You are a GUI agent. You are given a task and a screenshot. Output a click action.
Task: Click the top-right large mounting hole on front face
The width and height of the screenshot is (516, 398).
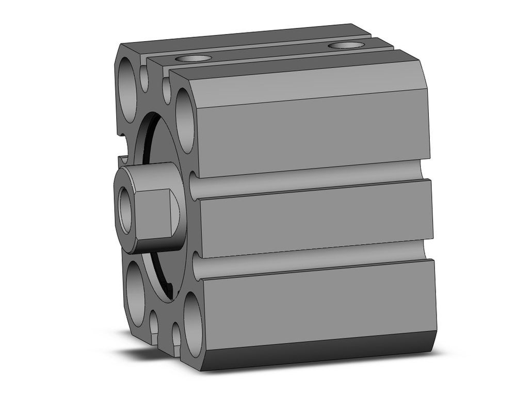coord(185,121)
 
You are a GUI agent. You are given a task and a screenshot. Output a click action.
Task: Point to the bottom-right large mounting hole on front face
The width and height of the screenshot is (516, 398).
coord(192,325)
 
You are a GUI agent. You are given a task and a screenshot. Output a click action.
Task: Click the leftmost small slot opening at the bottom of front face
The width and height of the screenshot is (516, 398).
coord(154,322)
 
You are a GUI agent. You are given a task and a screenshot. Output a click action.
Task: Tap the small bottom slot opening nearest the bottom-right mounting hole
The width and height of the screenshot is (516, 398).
coord(176,334)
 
